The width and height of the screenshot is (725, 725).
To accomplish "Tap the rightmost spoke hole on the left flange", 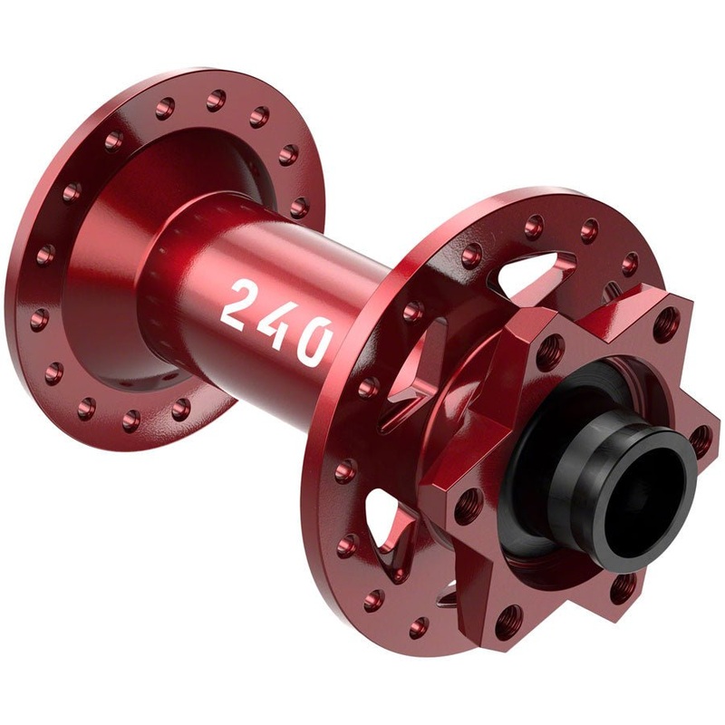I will [298, 208].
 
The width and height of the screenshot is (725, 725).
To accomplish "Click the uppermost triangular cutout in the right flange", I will [535, 263].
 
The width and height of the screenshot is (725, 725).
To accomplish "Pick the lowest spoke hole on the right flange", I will [419, 624].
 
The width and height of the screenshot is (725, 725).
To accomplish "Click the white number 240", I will [277, 321].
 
